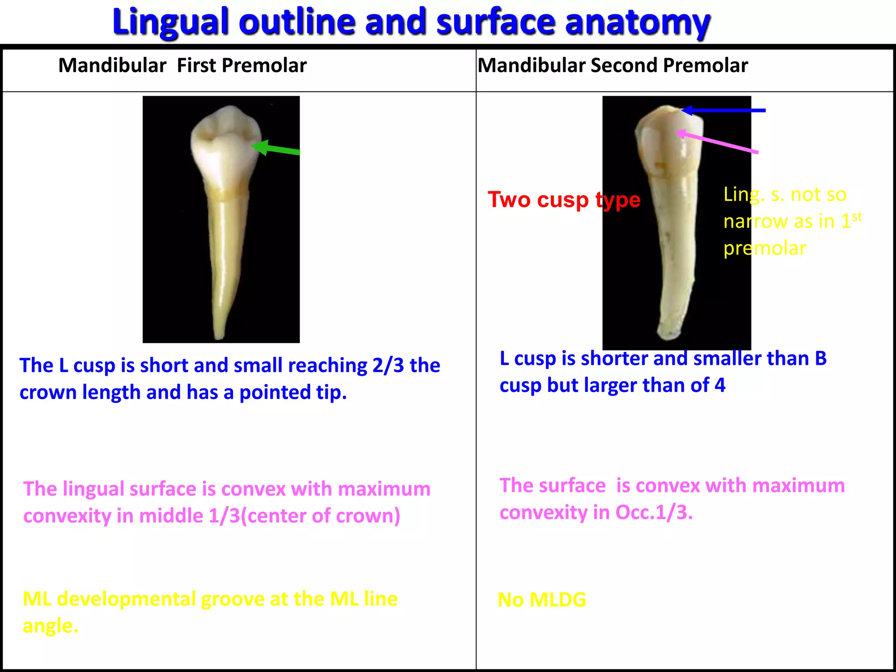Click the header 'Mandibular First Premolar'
click(x=182, y=66)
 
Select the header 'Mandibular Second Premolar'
click(x=612, y=66)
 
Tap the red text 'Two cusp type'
click(x=564, y=200)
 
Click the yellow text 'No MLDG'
click(x=542, y=600)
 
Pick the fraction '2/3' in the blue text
click(x=388, y=366)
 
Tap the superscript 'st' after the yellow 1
click(x=857, y=217)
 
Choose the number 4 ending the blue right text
click(x=720, y=385)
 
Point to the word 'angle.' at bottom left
click(x=50, y=626)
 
